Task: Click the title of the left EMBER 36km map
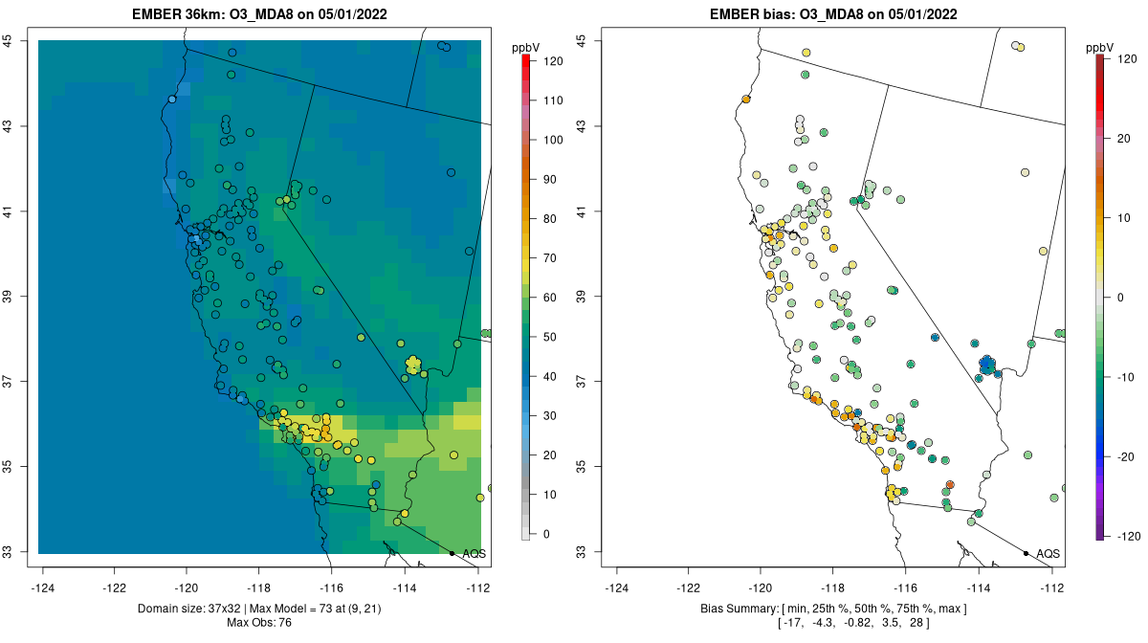click(x=258, y=14)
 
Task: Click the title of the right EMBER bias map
click(x=832, y=14)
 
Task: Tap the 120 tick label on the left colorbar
click(x=553, y=60)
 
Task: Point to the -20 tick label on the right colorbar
click(x=1125, y=456)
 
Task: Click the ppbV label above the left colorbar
click(x=526, y=47)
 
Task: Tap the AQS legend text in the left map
click(x=474, y=554)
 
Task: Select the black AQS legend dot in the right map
click(x=1026, y=554)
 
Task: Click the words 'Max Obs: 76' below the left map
click(x=258, y=623)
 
